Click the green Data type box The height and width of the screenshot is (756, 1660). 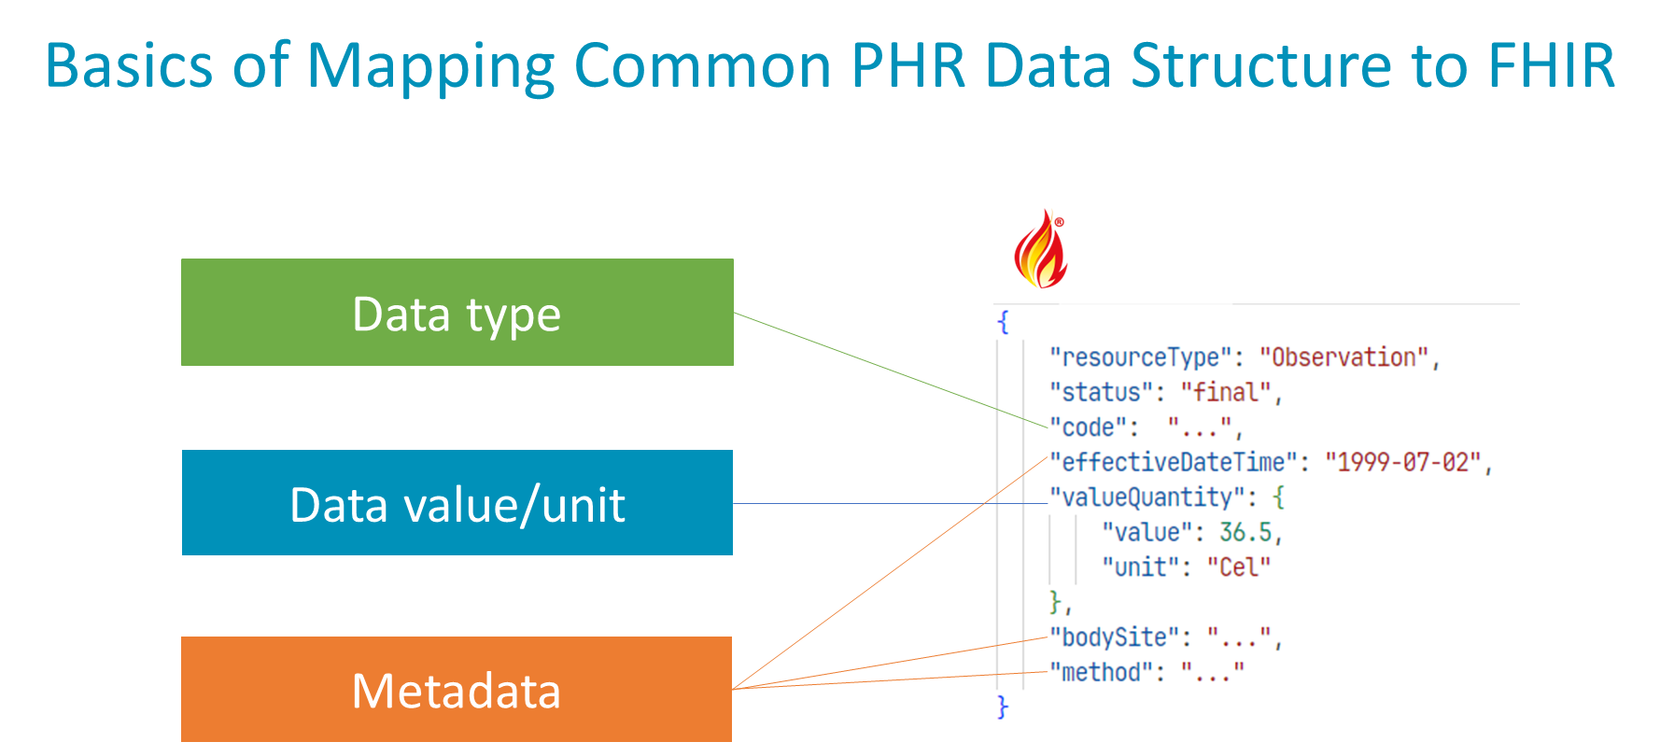[457, 312]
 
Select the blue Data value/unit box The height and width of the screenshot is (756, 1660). [457, 503]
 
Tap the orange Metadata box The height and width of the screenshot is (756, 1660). [457, 690]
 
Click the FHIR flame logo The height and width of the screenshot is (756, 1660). [1040, 249]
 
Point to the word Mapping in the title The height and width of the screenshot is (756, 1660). [429, 67]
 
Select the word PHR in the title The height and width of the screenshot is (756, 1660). [908, 67]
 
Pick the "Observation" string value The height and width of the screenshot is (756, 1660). [1343, 357]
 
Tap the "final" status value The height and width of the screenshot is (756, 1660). [1226, 392]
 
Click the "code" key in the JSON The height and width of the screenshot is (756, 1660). [1089, 427]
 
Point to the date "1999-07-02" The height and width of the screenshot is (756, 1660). [1403, 462]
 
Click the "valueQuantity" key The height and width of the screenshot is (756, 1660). [1147, 497]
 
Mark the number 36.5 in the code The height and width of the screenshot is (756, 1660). [1245, 532]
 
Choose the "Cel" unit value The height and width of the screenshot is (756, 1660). [1238, 567]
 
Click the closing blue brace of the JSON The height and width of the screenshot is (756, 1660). [1003, 707]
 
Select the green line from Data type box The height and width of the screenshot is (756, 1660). [887, 368]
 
